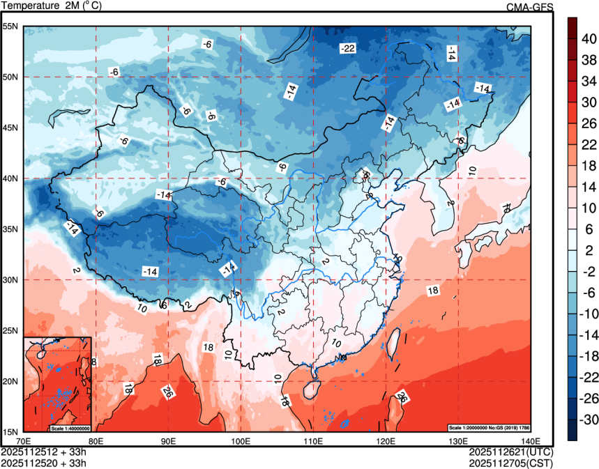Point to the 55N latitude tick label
click(x=10, y=26)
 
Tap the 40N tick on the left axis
click(x=10, y=178)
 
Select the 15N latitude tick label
click(x=10, y=431)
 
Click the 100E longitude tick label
click(x=240, y=441)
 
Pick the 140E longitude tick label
click(x=529, y=441)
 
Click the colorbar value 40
click(x=589, y=40)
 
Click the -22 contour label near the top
click(x=347, y=48)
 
